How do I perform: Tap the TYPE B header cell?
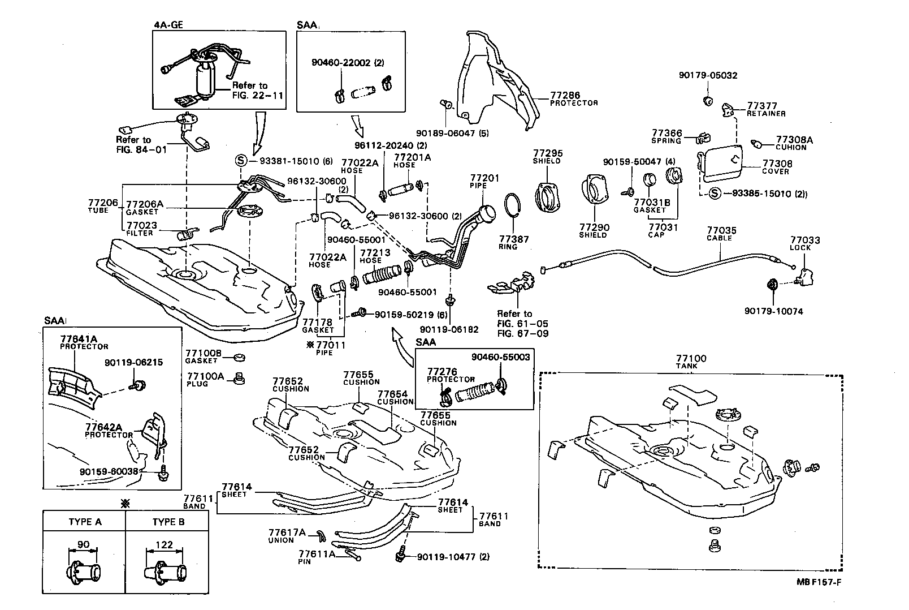[168, 522]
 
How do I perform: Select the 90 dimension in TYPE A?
[83, 545]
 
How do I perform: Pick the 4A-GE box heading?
[168, 25]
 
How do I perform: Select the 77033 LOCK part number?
[804, 240]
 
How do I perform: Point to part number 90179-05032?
[708, 75]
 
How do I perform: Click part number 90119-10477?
[445, 557]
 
